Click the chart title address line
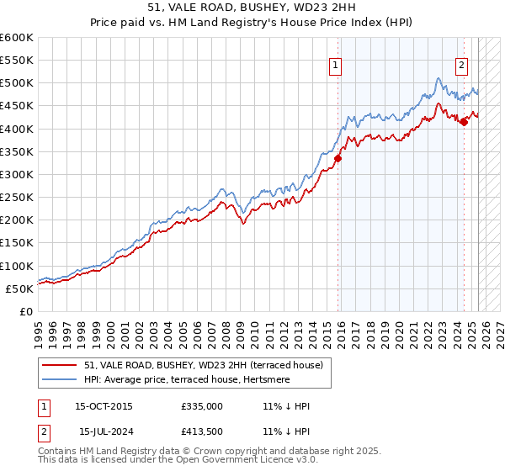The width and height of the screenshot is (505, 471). tap(252, 8)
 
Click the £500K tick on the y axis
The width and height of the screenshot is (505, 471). tap(17, 83)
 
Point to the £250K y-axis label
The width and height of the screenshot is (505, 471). tap(17, 198)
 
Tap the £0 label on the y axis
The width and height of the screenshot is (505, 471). tap(25, 312)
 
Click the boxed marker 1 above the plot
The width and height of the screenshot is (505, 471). tap(336, 66)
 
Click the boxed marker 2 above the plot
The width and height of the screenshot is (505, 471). tap(462, 66)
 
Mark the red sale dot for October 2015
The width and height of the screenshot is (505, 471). tap(338, 158)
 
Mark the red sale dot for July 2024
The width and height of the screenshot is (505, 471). tap(464, 122)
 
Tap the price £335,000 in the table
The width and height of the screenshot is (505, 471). tap(202, 406)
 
